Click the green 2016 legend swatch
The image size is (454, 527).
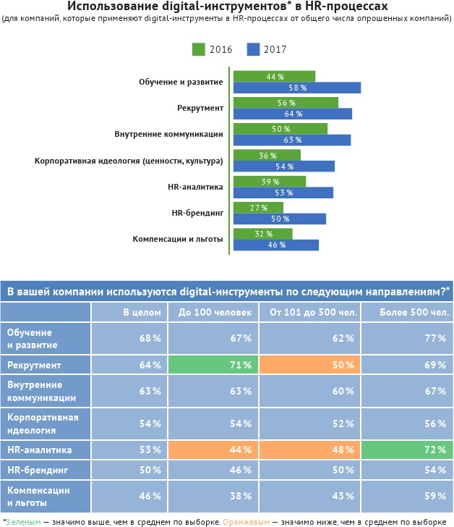pos(199,49)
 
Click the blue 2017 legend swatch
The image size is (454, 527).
pos(253,49)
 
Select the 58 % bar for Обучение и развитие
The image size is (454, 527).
pos(296,88)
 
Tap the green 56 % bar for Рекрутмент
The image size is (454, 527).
pos(286,103)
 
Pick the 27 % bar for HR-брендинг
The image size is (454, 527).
pos(258,208)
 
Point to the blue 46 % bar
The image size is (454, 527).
pos(275,245)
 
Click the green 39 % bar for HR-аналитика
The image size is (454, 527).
pos(269,182)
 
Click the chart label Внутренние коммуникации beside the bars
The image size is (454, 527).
pos(168,134)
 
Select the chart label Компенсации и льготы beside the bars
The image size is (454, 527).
pos(178,239)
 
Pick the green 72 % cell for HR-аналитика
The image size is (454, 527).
pos(406,450)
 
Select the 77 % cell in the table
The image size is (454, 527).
pos(406,338)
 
